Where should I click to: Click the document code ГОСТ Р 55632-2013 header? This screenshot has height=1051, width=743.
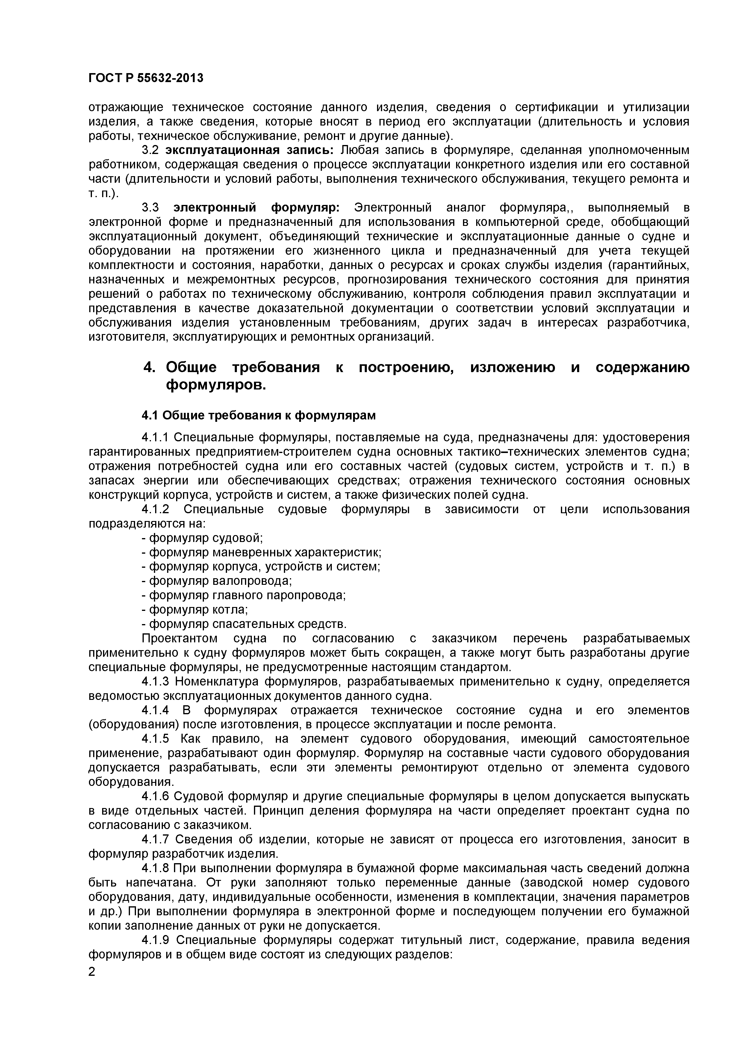[146, 78]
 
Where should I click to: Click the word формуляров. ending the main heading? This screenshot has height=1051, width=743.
[216, 385]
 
